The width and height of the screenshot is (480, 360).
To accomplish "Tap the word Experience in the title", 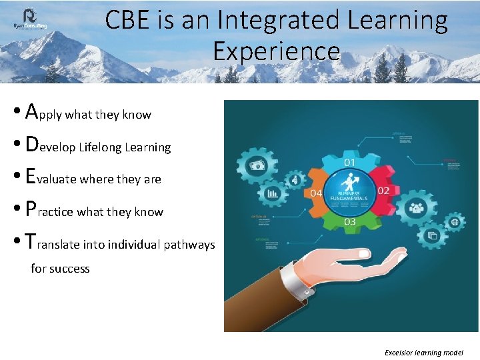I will (x=276, y=51).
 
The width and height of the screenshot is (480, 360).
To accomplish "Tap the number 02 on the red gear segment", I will (x=384, y=191).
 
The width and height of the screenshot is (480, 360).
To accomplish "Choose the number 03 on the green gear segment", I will (x=350, y=221).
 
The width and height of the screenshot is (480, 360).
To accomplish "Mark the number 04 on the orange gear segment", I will (x=317, y=193).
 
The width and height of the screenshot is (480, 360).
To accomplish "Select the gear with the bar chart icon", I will (x=272, y=193).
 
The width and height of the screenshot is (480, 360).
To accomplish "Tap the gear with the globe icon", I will (x=455, y=221).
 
